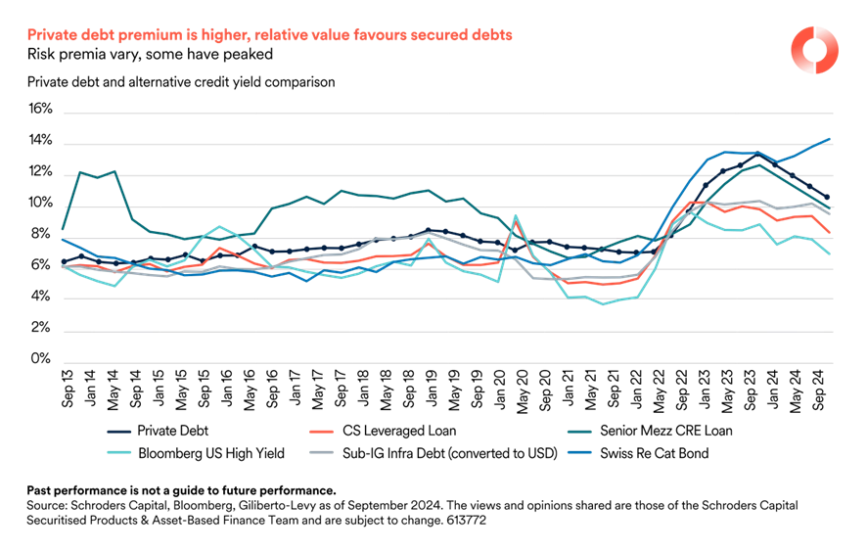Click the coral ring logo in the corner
[x=814, y=48]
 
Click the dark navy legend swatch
[x=118, y=432]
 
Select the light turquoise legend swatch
[x=118, y=452]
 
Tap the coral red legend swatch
[x=322, y=432]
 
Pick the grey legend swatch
[x=322, y=452]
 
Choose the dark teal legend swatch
[x=578, y=432]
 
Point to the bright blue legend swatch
[x=578, y=452]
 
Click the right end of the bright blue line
[x=831, y=139]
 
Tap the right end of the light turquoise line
[x=831, y=254]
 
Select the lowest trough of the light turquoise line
[x=604, y=304]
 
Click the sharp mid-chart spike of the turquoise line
[x=516, y=216]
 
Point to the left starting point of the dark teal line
[x=64, y=229]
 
